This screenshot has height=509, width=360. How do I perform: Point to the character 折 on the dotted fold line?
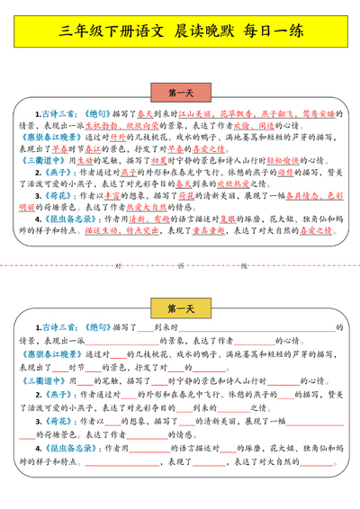pos(181,266)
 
